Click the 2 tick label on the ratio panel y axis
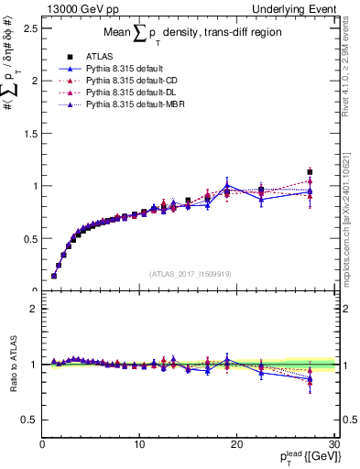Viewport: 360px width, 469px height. [33, 309]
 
